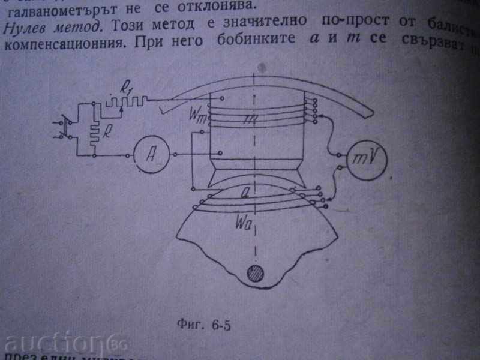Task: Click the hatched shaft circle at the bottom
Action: click(x=256, y=274)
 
